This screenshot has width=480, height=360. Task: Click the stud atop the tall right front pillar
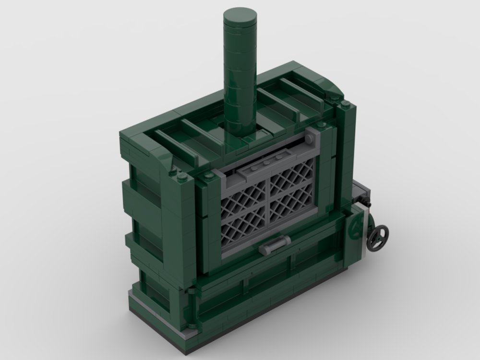345,104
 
